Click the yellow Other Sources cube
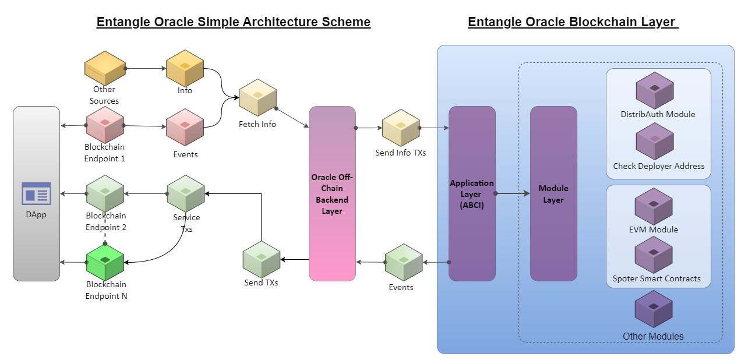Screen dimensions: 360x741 (x=104, y=69)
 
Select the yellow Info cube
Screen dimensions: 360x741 (x=185, y=69)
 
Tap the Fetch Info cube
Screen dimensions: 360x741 (x=257, y=101)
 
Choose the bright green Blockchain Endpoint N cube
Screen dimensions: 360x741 (x=105, y=262)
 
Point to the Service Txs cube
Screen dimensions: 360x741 (x=185, y=193)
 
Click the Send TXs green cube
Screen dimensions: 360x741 (x=261, y=259)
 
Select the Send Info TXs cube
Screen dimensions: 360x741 (x=401, y=128)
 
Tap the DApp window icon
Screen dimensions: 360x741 (x=36, y=193)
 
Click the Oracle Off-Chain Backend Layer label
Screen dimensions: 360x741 (x=332, y=193)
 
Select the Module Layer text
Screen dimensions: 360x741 (x=553, y=194)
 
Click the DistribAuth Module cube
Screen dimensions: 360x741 (x=655, y=90)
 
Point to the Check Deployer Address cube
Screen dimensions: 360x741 (x=655, y=141)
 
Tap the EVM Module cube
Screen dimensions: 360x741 (x=654, y=206)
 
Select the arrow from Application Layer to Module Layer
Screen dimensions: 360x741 (x=513, y=193)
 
